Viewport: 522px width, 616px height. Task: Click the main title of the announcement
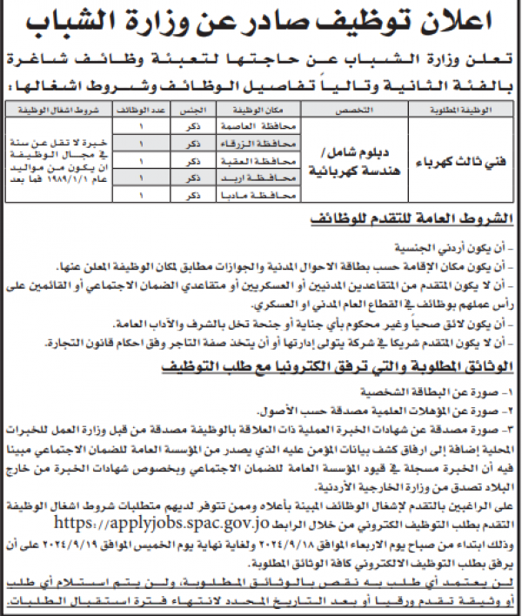[x=261, y=19]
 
